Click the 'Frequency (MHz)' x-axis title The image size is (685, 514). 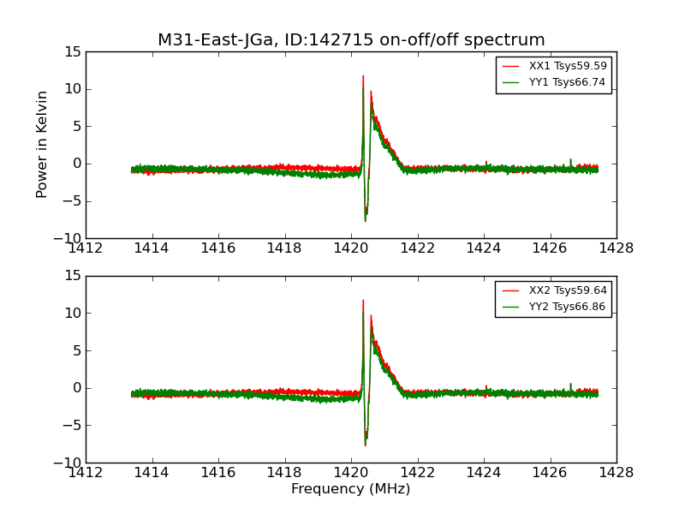click(x=351, y=489)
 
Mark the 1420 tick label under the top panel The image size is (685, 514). click(x=351, y=248)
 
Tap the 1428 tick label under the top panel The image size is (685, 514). click(x=616, y=248)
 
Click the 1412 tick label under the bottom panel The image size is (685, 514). click(x=86, y=473)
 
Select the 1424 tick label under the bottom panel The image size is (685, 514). click(x=484, y=473)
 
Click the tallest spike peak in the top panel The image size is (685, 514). click(x=363, y=75)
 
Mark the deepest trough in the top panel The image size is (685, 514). click(x=366, y=221)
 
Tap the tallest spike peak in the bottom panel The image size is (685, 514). click(x=363, y=300)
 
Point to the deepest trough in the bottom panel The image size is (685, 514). click(x=366, y=445)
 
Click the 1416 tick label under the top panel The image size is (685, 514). click(x=218, y=248)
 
